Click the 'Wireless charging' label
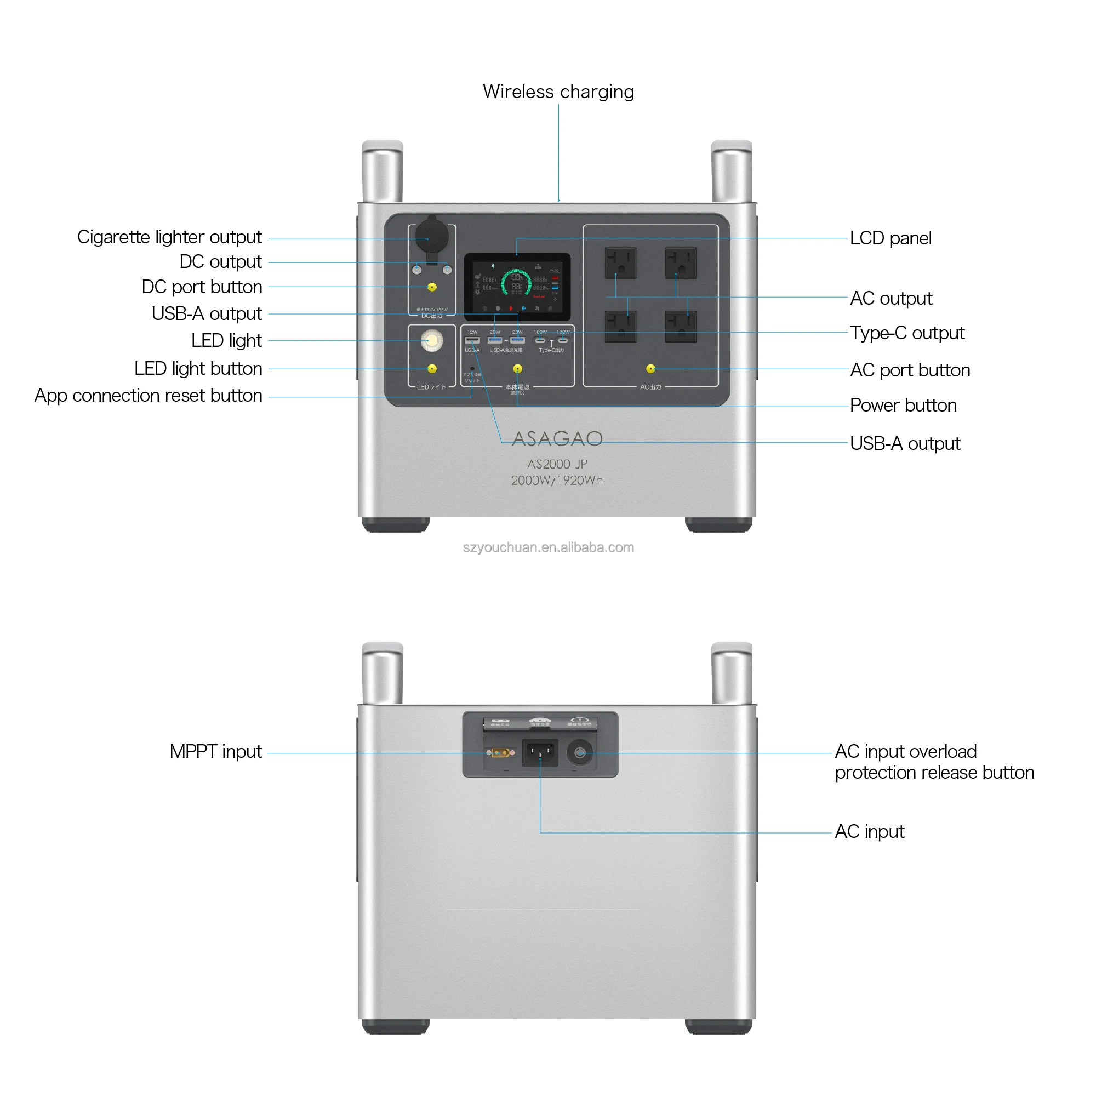pyautogui.click(x=558, y=92)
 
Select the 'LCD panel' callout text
pyautogui.click(x=890, y=238)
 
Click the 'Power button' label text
pyautogui.click(x=903, y=406)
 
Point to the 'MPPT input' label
pyautogui.click(x=215, y=752)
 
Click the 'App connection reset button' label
pyautogui.click(x=148, y=396)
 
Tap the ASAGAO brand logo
pyautogui.click(x=557, y=438)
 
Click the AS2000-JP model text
pyautogui.click(x=557, y=464)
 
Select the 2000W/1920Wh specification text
pyautogui.click(x=557, y=481)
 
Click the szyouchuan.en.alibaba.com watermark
pyautogui.click(x=548, y=547)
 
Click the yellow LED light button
pyautogui.click(x=432, y=369)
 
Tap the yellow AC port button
pyautogui.click(x=650, y=369)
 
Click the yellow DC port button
pyautogui.click(x=432, y=287)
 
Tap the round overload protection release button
pyautogui.click(x=579, y=753)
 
